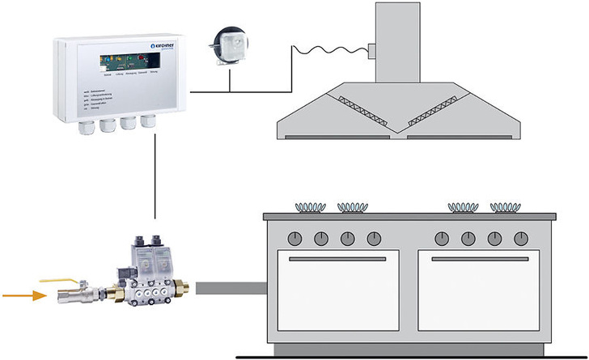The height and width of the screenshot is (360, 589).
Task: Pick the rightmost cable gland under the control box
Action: tap(147, 121)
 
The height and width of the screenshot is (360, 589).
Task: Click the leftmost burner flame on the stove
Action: tap(309, 207)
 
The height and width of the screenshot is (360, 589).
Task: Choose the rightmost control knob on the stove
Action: tap(520, 239)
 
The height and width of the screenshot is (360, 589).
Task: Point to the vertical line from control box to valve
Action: tap(153, 178)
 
